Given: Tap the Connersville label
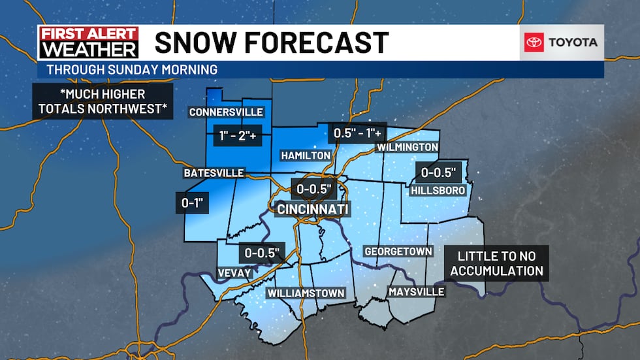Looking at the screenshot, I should [226, 112].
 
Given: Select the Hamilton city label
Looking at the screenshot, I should [306, 155].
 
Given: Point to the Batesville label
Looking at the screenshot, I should [214, 173].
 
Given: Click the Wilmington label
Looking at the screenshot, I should [408, 148].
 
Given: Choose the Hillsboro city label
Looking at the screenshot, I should [438, 190].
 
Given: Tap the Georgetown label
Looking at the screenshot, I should [398, 252].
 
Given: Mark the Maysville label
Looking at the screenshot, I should [416, 291].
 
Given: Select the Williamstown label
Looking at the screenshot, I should [306, 293].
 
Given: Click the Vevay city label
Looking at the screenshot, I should [234, 272].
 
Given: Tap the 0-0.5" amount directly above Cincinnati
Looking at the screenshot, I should [314, 189].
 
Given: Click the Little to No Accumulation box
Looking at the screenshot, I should [500, 263].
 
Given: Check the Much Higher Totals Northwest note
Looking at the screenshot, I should [103, 101].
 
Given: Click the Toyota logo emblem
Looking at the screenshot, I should [534, 42].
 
